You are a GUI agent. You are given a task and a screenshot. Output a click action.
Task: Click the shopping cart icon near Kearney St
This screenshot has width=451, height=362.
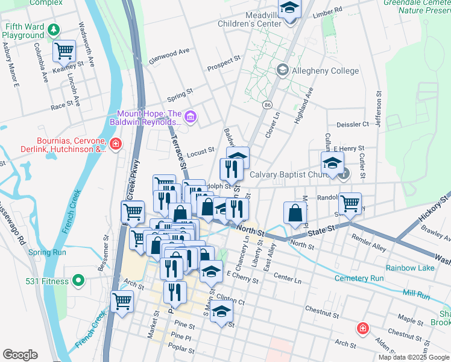[64, 51]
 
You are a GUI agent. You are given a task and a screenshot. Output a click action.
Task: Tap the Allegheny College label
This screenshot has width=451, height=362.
[325, 71]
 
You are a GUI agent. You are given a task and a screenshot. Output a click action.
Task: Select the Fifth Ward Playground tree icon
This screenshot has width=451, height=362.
[54, 28]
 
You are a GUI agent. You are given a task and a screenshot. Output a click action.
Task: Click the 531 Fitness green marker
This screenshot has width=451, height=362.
[78, 281]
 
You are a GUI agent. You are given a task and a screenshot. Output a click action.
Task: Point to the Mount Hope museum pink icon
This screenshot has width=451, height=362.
[191, 116]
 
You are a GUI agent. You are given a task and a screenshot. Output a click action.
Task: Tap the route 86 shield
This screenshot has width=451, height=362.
[266, 105]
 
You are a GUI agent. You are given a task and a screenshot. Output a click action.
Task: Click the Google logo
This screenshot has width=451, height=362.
[20, 355]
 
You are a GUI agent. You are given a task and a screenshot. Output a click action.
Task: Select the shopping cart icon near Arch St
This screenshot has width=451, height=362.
[122, 301]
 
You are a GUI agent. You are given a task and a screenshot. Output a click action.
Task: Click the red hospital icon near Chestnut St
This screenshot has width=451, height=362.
[362, 328]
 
